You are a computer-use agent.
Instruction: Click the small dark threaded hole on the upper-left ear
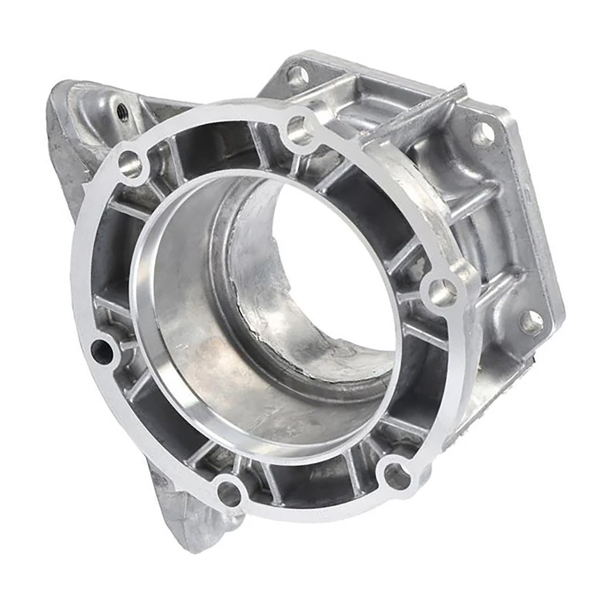(x=121, y=113)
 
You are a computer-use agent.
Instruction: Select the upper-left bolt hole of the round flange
(x=130, y=165)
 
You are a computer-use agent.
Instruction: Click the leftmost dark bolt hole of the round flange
(x=102, y=351)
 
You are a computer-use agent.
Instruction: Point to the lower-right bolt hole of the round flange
(x=397, y=476)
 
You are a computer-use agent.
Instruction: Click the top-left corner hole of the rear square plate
(x=297, y=76)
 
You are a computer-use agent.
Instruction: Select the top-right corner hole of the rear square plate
(x=482, y=133)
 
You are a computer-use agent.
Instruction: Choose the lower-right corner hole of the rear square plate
(x=531, y=322)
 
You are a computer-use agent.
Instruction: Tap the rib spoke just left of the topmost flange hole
(x=261, y=143)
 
